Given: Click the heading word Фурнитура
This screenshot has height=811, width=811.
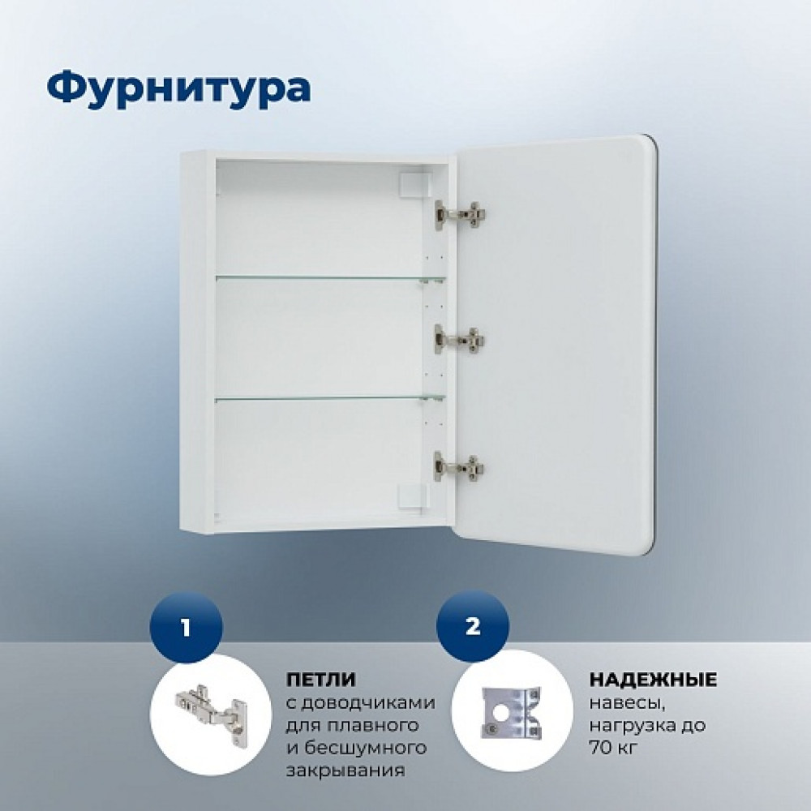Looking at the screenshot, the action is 179,88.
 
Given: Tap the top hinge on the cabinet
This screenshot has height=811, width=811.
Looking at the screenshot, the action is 459,213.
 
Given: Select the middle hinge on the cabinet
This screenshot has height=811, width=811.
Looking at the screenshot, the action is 459,339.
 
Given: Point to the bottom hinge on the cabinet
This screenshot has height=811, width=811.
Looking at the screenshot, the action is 458,466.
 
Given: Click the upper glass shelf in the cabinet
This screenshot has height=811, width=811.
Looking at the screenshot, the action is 331,279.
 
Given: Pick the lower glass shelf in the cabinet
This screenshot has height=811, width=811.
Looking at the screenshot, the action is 331,397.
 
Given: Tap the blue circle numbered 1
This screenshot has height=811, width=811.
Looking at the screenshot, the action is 186,628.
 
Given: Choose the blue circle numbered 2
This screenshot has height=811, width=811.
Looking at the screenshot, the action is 473,626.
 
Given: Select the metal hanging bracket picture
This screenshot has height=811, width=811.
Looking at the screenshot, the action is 512,712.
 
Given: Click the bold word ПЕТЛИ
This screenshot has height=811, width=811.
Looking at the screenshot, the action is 320,679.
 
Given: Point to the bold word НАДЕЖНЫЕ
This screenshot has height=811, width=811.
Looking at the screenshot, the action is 653,679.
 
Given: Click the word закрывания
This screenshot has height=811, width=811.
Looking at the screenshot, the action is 345,770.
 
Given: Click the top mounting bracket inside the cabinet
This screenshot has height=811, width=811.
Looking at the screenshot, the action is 414,185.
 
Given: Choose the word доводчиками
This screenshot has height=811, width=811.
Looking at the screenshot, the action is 368,703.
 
